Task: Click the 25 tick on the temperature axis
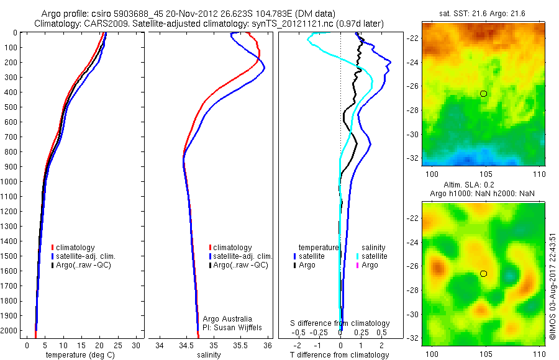118,344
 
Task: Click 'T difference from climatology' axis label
340,355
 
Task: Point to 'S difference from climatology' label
340,323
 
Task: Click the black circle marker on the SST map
483,93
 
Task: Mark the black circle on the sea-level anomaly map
483,273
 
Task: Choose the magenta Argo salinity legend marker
357,265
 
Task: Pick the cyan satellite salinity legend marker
357,256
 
